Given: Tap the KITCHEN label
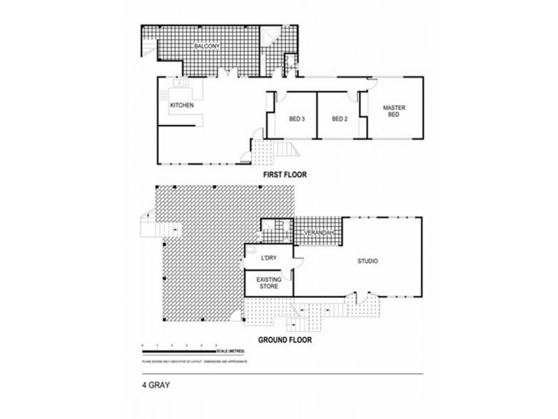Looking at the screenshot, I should coord(181,105).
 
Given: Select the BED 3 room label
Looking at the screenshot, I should coord(297,119).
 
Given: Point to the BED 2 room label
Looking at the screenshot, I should coord(340,119).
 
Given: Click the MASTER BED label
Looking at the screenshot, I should coord(393,110).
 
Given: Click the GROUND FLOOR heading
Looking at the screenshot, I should coord(285,341).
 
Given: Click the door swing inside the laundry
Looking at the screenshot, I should coord(297,261).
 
